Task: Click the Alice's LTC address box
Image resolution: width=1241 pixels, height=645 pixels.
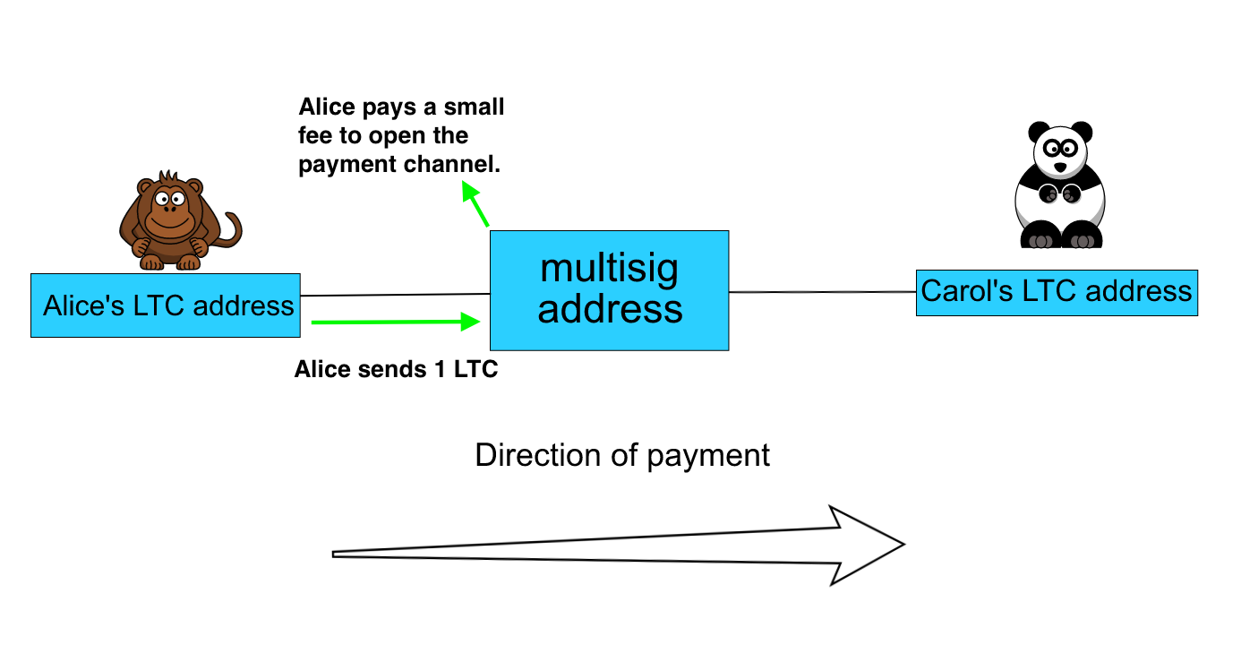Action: click(166, 305)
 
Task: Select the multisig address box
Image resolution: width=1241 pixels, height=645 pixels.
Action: click(610, 290)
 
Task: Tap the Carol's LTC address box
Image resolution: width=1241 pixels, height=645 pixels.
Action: click(1057, 293)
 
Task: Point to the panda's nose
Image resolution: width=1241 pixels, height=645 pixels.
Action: click(1060, 168)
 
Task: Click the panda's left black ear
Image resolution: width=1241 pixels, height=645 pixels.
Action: click(1039, 132)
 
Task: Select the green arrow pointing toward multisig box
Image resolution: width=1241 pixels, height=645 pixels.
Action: click(396, 322)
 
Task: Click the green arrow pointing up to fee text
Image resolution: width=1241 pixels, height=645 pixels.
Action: click(475, 203)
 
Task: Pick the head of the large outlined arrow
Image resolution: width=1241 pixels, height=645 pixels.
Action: click(864, 546)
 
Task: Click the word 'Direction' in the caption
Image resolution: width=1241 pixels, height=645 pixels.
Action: click(538, 455)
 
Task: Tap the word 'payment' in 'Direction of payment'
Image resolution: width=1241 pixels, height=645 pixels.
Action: click(708, 458)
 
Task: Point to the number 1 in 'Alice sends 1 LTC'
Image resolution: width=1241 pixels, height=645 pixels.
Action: click(441, 370)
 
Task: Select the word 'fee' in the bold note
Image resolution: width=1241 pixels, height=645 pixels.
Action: click(314, 135)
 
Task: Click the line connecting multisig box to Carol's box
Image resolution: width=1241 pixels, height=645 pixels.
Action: click(823, 291)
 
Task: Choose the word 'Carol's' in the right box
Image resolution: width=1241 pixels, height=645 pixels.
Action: click(967, 291)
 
